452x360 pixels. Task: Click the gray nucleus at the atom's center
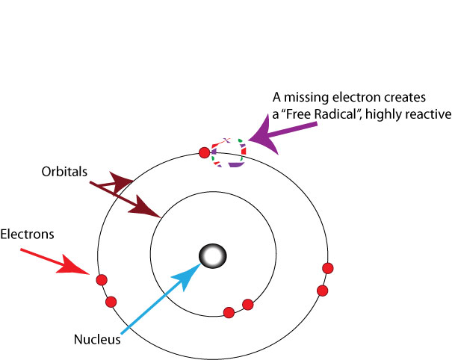(x=212, y=256)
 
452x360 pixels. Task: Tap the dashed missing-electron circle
(x=229, y=152)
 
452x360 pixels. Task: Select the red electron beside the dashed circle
(x=205, y=154)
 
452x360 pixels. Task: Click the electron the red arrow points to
(x=102, y=279)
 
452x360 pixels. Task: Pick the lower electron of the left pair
(x=111, y=302)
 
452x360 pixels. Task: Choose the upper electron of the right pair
(x=326, y=268)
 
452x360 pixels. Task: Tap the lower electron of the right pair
(x=323, y=290)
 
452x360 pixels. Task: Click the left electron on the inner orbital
(x=230, y=311)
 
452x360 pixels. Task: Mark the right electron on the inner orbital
(x=248, y=304)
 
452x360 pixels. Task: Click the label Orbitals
(x=64, y=171)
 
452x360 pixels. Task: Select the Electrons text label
(x=27, y=234)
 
